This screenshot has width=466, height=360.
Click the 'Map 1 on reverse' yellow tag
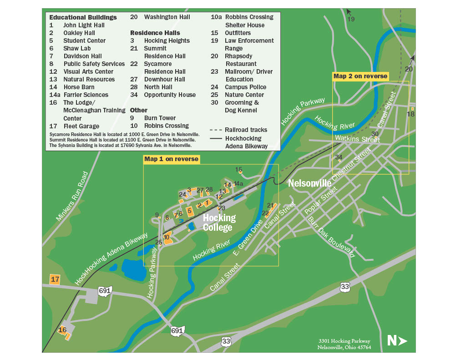tap(171, 159)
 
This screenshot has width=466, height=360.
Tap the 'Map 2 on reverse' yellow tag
tap(360, 76)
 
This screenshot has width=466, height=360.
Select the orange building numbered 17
tap(55, 279)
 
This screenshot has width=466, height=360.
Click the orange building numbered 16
tap(64, 332)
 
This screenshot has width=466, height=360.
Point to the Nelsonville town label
tap(309, 183)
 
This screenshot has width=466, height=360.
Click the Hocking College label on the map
tap(219, 223)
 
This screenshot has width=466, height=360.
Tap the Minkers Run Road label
tap(72, 197)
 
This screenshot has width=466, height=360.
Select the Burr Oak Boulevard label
tap(331, 237)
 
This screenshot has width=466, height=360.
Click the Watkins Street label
tap(357, 138)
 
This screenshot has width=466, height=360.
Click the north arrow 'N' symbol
tap(397, 340)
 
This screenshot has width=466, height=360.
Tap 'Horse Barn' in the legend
tap(79, 87)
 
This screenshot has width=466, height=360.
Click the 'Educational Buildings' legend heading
tap(83, 17)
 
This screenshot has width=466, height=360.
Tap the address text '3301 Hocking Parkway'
tap(344, 341)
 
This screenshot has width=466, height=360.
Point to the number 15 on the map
tap(238, 169)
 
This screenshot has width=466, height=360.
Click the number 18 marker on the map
tap(410, 114)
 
